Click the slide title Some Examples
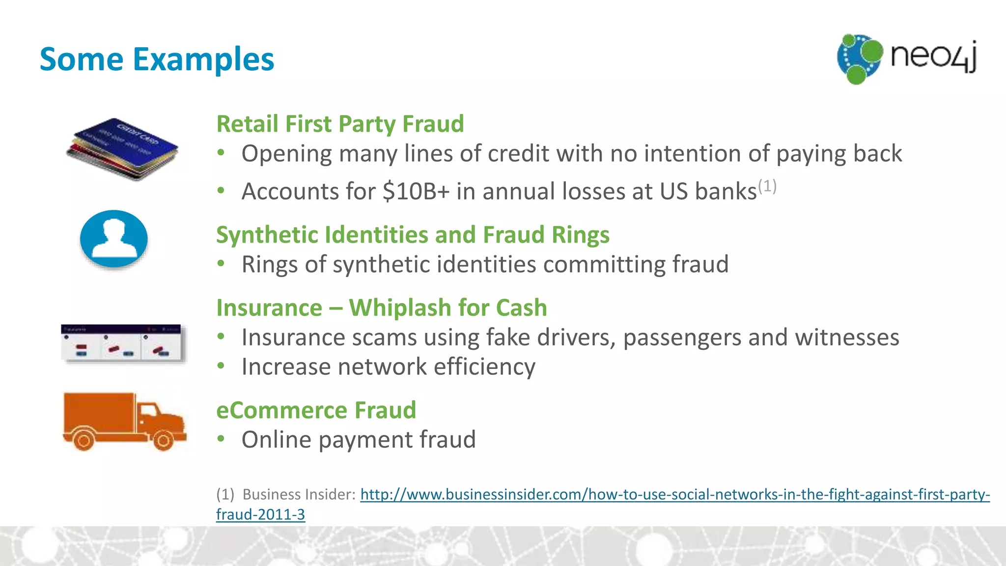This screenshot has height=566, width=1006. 157,59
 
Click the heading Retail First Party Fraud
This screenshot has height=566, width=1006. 340,124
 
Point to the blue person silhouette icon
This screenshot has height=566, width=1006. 114,239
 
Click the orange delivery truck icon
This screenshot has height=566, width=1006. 124,421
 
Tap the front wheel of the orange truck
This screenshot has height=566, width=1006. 163,440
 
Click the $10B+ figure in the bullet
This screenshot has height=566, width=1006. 416,191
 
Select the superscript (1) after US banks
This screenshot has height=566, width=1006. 767,186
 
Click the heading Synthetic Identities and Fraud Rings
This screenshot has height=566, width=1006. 413,235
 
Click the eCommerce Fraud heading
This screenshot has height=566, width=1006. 316,410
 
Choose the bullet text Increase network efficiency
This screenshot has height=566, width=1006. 388,367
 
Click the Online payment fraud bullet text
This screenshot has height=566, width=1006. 359,440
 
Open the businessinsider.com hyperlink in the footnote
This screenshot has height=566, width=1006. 675,494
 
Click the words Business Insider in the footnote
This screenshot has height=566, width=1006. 298,494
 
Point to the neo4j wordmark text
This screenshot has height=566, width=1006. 933,57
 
